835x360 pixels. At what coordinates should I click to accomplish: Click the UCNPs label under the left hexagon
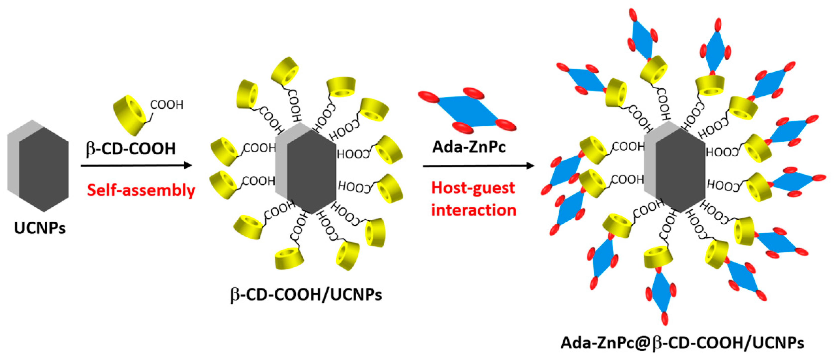tap(40, 228)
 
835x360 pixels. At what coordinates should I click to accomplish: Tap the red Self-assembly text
tap(141, 190)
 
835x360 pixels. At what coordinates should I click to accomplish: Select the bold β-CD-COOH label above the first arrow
tap(131, 149)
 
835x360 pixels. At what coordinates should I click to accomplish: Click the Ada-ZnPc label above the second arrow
tap(469, 147)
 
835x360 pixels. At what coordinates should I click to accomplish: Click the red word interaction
tap(474, 210)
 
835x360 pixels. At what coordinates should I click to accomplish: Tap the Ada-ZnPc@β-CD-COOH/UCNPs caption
tap(682, 343)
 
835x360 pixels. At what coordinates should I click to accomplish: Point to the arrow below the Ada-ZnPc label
tap(478, 166)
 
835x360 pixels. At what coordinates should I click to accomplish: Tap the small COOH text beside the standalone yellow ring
tap(167, 105)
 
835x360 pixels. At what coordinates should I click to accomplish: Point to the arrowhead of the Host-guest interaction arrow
tap(530, 166)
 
